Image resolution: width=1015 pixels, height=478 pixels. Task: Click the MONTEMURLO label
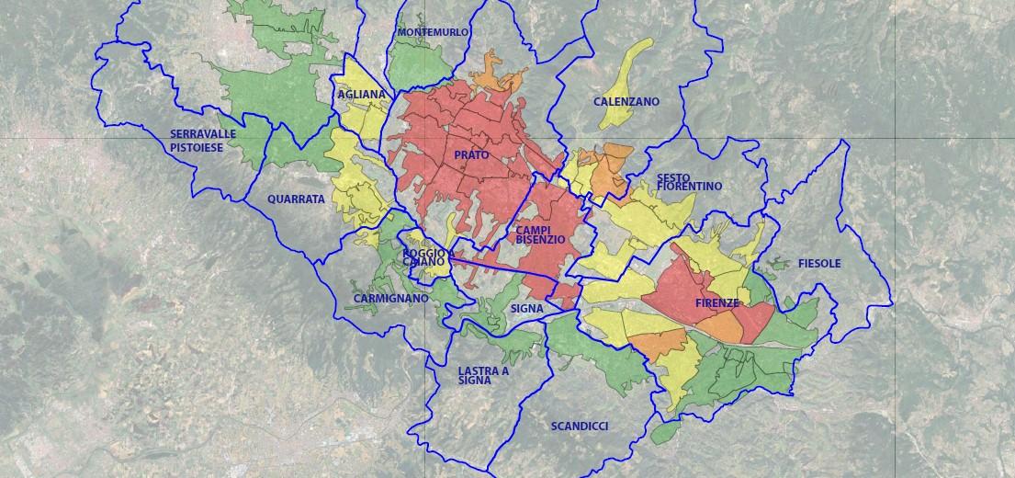[x=433, y=32]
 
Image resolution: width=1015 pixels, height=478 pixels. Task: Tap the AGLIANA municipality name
[x=361, y=95]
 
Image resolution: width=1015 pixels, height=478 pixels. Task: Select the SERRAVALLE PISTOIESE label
[x=203, y=140]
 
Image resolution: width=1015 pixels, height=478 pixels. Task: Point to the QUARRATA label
[x=296, y=199]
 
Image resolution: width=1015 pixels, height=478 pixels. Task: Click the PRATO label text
[x=471, y=155]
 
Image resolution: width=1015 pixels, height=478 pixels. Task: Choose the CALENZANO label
[x=626, y=102]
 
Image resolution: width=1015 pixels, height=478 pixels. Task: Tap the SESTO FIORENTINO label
[x=689, y=181]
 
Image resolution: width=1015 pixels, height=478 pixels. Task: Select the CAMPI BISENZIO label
[x=540, y=234]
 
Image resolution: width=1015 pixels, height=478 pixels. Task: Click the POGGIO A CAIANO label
[x=428, y=257]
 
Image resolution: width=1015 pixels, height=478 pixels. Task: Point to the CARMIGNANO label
[x=390, y=299]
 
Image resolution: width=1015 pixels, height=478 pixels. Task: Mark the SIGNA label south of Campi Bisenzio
[x=527, y=309]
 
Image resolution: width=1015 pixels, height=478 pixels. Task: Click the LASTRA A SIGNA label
[x=482, y=375]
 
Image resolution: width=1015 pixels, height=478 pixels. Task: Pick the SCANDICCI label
[x=579, y=427]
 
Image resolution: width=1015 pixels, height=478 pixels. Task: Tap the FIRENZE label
[x=718, y=302]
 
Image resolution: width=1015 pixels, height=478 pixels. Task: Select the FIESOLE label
[x=819, y=264]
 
